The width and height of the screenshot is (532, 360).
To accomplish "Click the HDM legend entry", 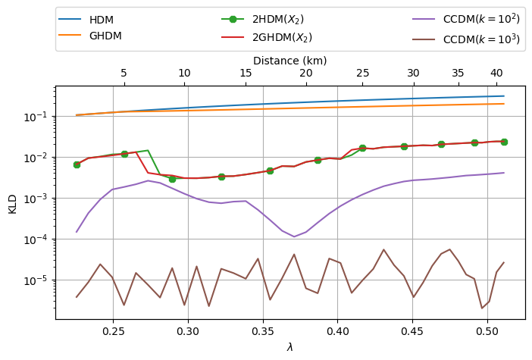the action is pyautogui.click(x=86, y=20).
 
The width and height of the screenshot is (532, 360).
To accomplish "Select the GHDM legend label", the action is pyautogui.click(x=105, y=36).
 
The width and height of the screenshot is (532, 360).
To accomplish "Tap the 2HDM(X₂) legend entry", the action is pyautogui.click(x=262, y=20).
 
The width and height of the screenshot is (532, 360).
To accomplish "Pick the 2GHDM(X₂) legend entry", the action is pyautogui.click(x=267, y=36).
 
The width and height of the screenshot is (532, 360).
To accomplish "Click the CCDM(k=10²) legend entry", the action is pyautogui.click(x=466, y=19).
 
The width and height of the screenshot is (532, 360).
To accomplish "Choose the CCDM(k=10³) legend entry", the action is pyautogui.click(x=466, y=39).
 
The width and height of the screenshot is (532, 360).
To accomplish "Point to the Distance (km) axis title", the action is pyautogui.click(x=290, y=61).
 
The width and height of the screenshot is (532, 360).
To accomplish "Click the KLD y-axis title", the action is pyautogui.click(x=12, y=204).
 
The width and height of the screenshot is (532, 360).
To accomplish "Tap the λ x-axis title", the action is pyautogui.click(x=289, y=347).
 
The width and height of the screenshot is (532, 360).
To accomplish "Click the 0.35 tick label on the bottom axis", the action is pyautogui.click(x=263, y=330).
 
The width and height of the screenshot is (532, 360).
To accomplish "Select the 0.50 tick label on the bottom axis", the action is pyautogui.click(x=487, y=330).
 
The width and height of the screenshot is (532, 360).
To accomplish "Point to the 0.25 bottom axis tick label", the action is pyautogui.click(x=113, y=330).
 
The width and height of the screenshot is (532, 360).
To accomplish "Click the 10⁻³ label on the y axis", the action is pyautogui.click(x=38, y=198).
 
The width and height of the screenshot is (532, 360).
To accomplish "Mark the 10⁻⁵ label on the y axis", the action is pyautogui.click(x=38, y=280).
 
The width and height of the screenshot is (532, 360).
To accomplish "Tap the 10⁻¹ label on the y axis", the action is pyautogui.click(x=38, y=116).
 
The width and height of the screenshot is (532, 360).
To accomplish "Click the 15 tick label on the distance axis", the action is pyautogui.click(x=246, y=73).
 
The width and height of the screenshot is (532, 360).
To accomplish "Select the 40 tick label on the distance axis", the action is pyautogui.click(x=496, y=73).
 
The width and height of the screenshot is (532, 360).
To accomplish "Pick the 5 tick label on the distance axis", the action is pyautogui.click(x=124, y=73).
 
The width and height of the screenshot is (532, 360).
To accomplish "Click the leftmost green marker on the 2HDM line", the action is pyautogui.click(x=77, y=164).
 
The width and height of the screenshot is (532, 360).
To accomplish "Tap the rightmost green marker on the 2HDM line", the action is pyautogui.click(x=504, y=142).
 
